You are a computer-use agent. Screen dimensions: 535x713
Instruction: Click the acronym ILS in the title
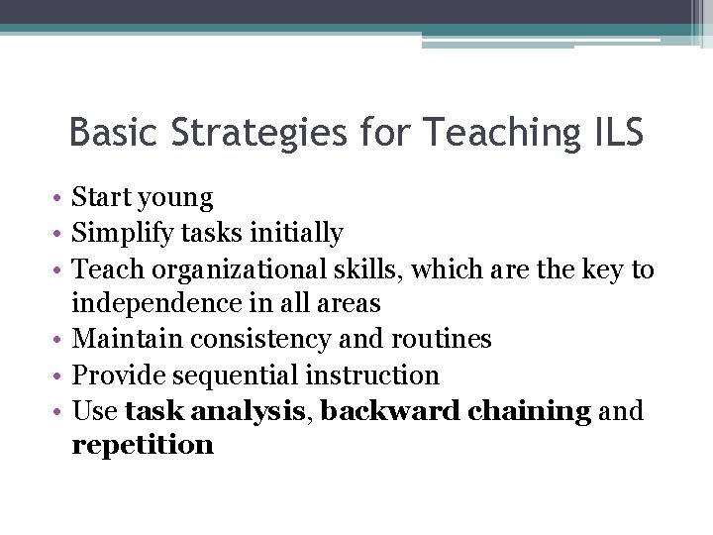click(x=615, y=132)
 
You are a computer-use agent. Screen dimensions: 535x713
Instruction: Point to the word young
click(x=177, y=199)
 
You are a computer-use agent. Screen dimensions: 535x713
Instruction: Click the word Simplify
click(x=116, y=234)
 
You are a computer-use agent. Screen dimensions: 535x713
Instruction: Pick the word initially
click(x=297, y=234)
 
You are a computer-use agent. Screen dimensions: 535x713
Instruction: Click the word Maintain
click(x=126, y=339)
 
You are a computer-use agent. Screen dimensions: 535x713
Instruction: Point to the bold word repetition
click(x=143, y=445)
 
